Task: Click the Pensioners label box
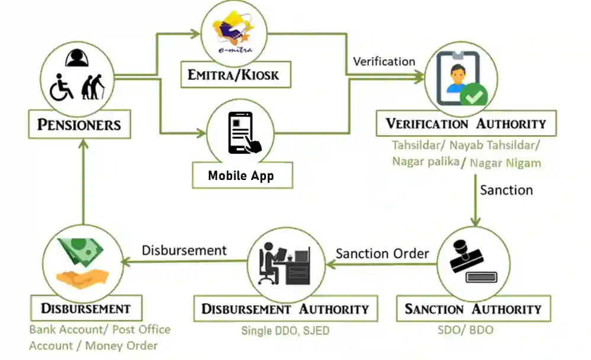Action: [79, 124]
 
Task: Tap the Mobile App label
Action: [241, 175]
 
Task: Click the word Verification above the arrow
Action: [384, 61]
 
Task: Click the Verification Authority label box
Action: [465, 123]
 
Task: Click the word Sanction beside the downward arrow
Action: [506, 190]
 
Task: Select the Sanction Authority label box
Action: [473, 308]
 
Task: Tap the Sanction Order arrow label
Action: [383, 253]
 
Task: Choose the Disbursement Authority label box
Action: [285, 308]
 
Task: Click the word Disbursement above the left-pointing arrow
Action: [184, 250]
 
